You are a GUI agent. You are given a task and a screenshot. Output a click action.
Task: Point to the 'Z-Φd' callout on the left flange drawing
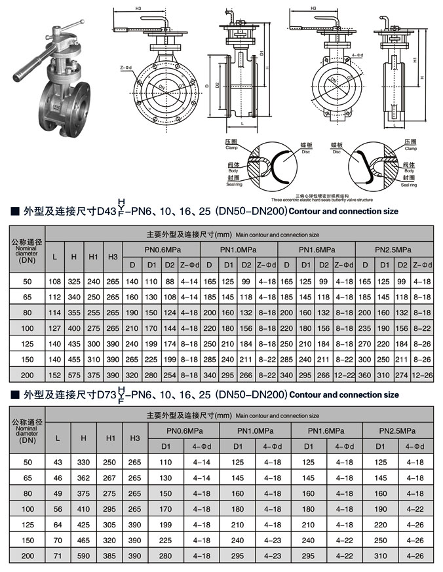(x=125, y=67)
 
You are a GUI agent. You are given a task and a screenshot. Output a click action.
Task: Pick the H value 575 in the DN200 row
(x=74, y=375)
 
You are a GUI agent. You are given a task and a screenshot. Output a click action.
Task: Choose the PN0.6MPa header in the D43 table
(x=163, y=250)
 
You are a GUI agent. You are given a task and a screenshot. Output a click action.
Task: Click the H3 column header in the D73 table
(x=135, y=438)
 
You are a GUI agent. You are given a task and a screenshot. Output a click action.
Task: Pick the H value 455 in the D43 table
(x=74, y=359)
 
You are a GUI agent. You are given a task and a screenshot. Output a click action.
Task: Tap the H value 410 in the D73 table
(x=83, y=509)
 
